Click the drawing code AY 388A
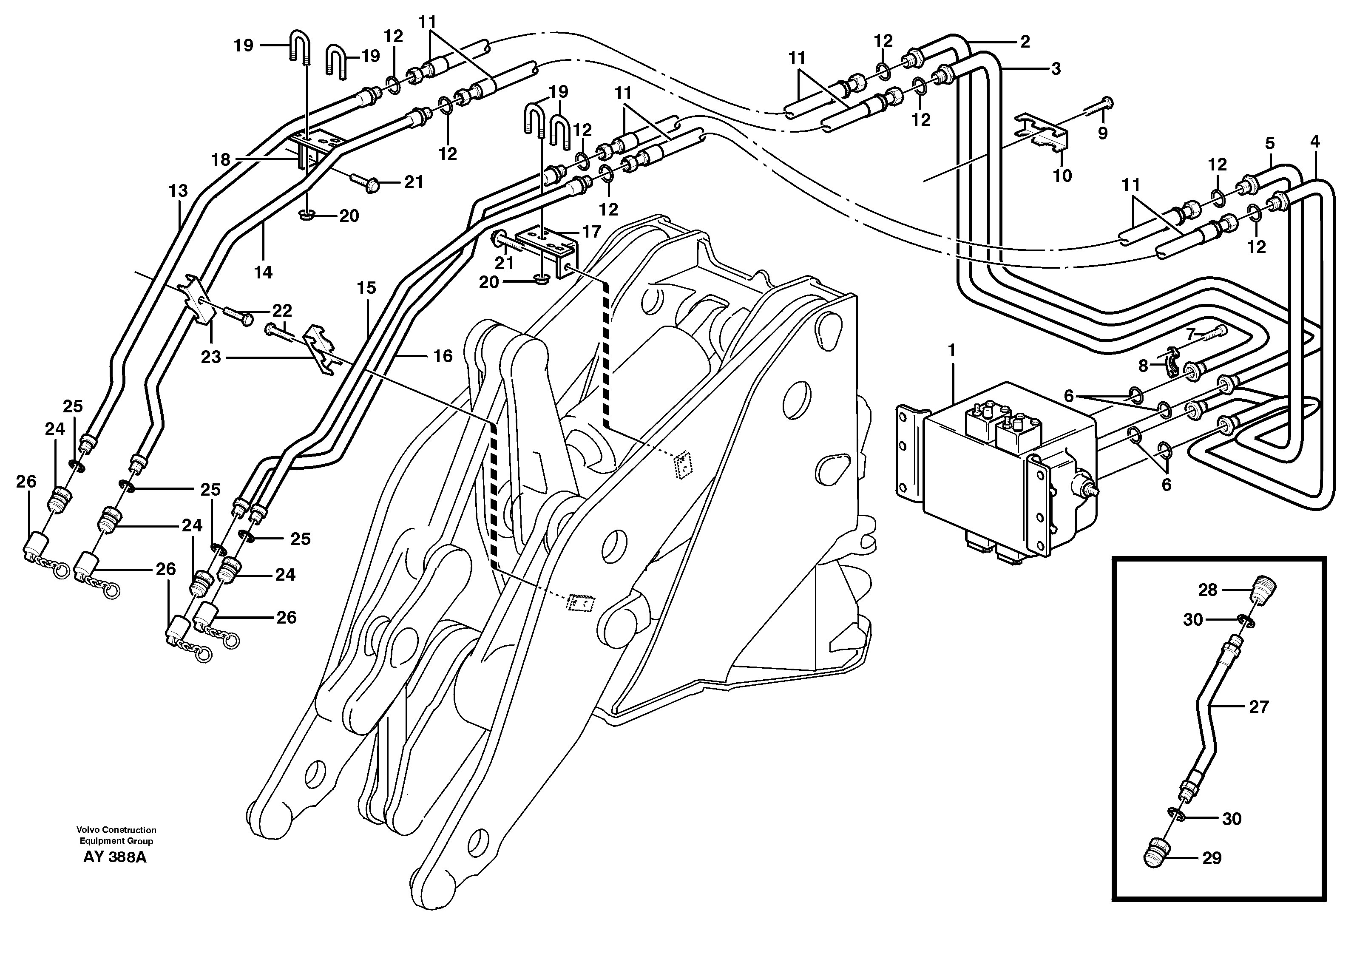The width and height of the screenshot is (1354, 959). pyautogui.click(x=114, y=857)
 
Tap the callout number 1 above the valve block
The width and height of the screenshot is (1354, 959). pyautogui.click(x=951, y=351)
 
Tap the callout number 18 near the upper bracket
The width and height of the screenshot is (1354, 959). pyautogui.click(x=221, y=159)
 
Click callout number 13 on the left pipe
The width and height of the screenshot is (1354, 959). pyautogui.click(x=178, y=191)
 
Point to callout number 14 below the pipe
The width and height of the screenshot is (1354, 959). pyautogui.click(x=263, y=272)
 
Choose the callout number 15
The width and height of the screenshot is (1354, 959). pyautogui.click(x=366, y=288)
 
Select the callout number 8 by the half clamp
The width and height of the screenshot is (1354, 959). pyautogui.click(x=1143, y=366)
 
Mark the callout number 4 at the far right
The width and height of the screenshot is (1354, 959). pyautogui.click(x=1314, y=142)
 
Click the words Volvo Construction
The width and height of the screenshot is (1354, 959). pyautogui.click(x=116, y=830)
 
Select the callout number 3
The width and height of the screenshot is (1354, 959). pyautogui.click(x=1055, y=69)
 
